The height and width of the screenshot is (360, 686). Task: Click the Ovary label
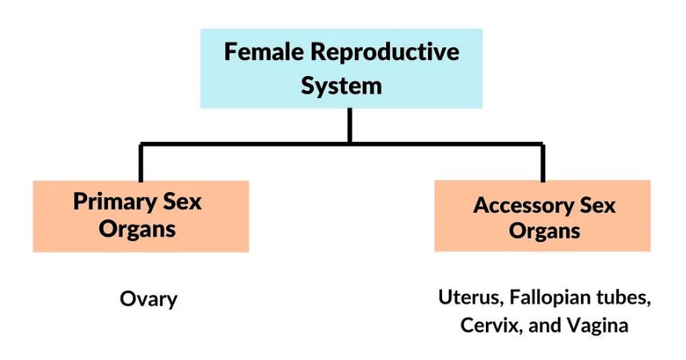coord(149,299)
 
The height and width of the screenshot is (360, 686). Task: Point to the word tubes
coord(624,298)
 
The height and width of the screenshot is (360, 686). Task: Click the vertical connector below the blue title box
coord(349,125)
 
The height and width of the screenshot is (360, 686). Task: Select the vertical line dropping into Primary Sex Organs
coord(140,162)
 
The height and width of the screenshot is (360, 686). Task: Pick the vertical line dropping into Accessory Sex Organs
coord(542,162)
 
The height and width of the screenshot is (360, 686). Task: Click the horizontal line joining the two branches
coord(246,143)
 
